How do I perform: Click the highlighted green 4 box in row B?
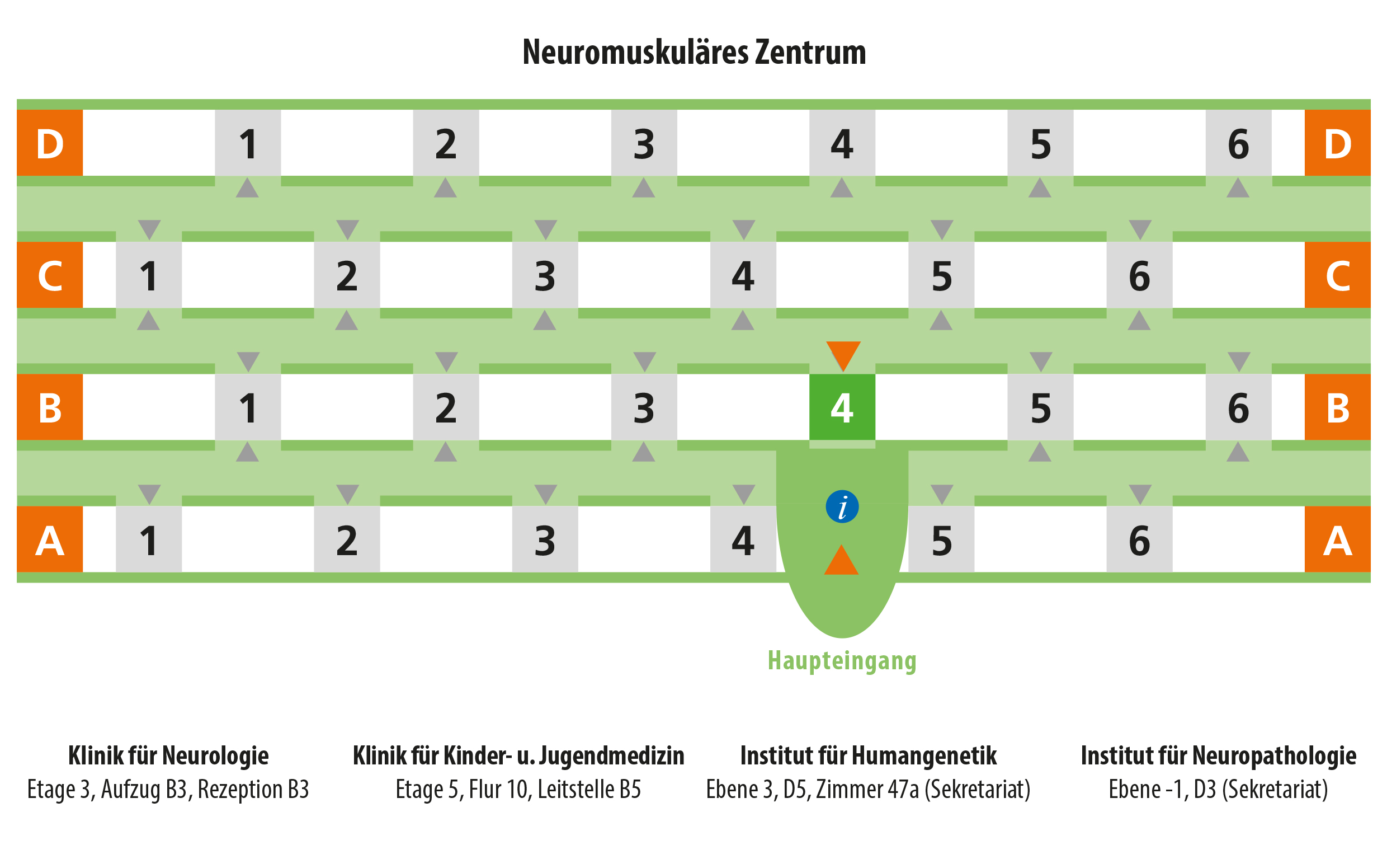[841, 407]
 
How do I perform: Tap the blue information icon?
[842, 506]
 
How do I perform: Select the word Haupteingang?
[842, 661]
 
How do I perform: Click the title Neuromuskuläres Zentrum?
[694, 52]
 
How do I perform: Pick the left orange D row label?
[50, 143]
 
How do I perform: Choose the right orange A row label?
[1337, 539]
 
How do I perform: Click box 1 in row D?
[248, 143]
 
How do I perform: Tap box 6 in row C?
[1139, 275]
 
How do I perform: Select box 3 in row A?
[545, 539]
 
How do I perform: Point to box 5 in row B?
[1040, 407]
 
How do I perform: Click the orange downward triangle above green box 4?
[843, 356]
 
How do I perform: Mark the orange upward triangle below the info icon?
[841, 560]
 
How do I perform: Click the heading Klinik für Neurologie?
[168, 755]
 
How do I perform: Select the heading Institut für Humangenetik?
[868, 755]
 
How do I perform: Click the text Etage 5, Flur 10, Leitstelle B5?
[518, 789]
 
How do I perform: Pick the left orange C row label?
[50, 275]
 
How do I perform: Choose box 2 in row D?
[446, 143]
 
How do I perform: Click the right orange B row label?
[1337, 407]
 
